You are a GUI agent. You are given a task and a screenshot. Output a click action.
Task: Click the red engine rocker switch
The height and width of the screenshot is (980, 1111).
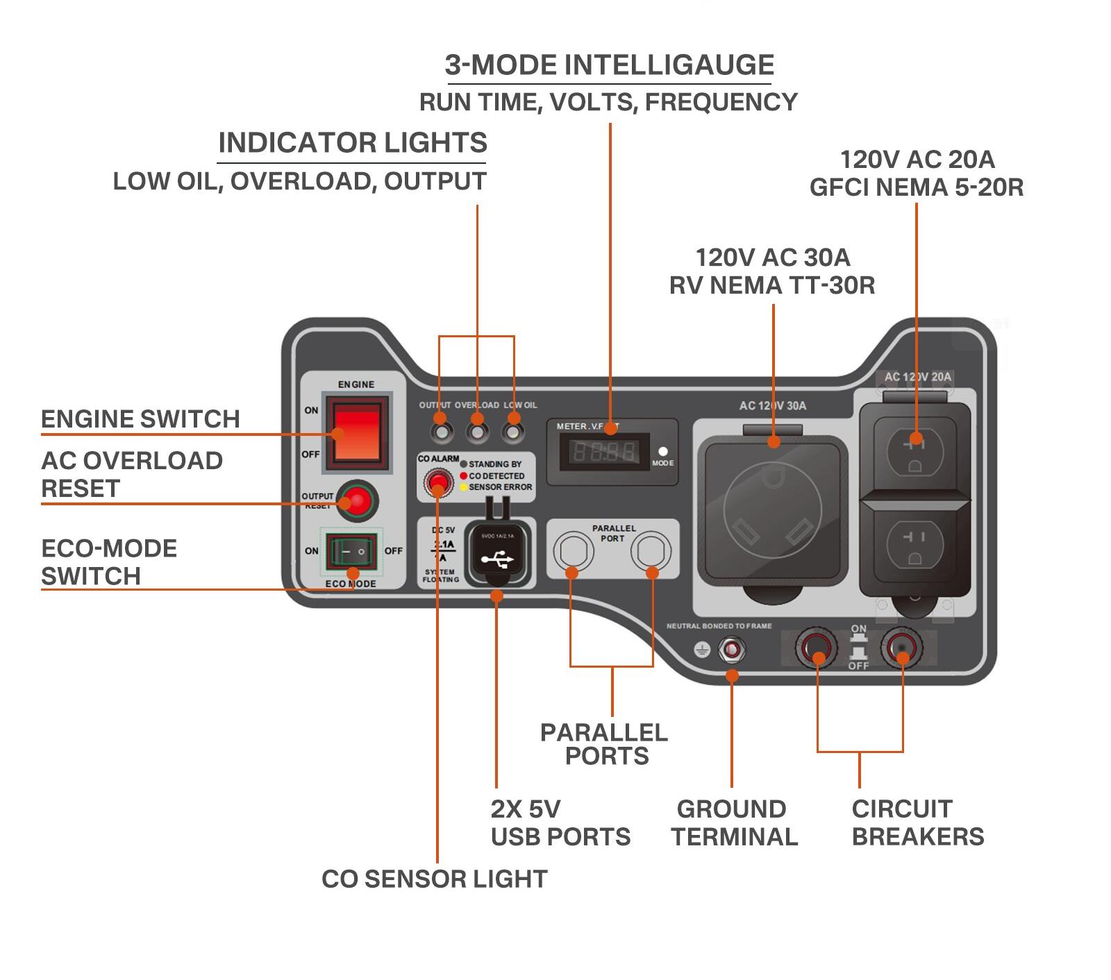[357, 432]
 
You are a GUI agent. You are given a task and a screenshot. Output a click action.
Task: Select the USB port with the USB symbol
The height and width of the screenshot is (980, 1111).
[496, 554]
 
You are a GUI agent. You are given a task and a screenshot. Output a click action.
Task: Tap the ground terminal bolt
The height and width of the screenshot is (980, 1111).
[731, 650]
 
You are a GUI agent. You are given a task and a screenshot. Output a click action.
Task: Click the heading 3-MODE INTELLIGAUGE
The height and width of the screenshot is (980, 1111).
[609, 65]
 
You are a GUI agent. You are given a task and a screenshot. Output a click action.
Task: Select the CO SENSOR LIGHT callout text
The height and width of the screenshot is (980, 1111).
[434, 879]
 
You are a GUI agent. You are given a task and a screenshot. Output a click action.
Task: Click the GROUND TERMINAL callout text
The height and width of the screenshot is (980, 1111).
[733, 822]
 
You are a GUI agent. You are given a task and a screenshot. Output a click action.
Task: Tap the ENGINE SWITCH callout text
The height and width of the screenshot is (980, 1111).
[140, 419]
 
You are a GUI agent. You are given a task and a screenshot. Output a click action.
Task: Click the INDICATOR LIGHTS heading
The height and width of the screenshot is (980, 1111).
[352, 143]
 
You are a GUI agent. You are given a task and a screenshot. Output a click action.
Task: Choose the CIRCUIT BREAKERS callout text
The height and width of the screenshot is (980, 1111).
[917, 822]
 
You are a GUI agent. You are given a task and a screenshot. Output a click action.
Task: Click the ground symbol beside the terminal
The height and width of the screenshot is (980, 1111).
[702, 650]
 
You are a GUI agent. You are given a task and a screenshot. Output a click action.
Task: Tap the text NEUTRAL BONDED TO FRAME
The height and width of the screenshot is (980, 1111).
[719, 626]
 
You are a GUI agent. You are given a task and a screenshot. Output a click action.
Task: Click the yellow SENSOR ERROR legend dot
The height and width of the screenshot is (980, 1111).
[463, 487]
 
